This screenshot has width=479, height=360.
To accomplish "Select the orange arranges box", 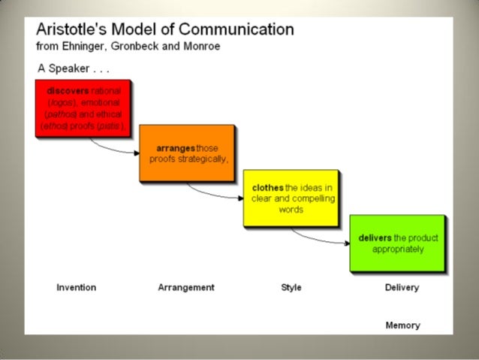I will pos(186,153).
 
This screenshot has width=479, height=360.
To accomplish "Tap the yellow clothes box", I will pos(289,198).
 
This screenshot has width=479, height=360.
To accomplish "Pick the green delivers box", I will pos(397,243).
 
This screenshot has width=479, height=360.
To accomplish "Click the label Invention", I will pos(77,287).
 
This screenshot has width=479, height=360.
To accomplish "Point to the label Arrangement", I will pos(186,287).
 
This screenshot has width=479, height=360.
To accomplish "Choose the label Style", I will pos(291,287).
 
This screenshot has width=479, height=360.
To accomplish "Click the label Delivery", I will pos(402,287).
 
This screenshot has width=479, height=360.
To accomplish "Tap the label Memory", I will pos(402,325).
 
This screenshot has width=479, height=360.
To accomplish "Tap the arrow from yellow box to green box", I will pos(320,240).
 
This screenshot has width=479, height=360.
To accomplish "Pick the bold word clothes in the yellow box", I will pos(268,187).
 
